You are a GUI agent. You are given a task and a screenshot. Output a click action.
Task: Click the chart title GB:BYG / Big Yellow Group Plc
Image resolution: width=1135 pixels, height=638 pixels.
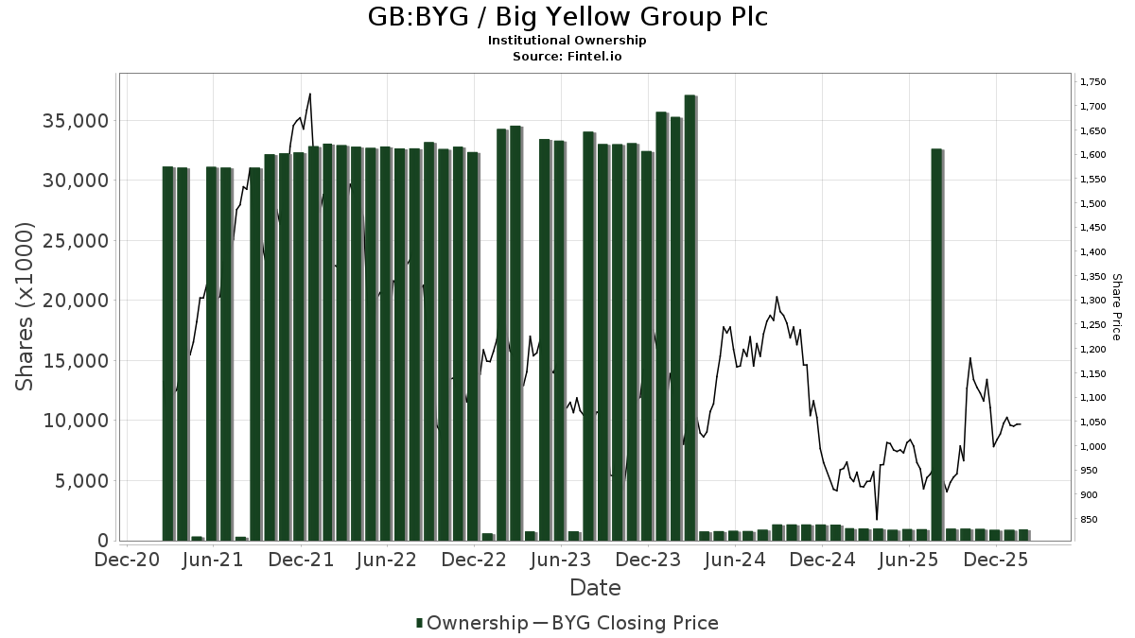[x=567, y=17]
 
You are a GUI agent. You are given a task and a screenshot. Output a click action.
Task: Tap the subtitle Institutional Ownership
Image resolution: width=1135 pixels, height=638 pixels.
[x=567, y=41]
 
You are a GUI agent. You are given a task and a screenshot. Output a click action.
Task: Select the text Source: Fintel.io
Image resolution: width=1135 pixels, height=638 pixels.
[x=567, y=56]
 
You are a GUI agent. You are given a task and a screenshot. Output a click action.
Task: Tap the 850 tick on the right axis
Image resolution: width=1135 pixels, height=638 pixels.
[x=1089, y=520]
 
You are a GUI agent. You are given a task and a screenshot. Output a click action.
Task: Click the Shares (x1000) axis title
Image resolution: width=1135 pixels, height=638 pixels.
[x=26, y=306]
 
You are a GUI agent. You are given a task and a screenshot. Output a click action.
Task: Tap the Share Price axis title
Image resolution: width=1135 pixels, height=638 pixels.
[x=1116, y=306]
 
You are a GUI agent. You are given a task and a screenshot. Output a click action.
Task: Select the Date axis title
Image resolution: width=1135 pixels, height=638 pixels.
[x=595, y=588]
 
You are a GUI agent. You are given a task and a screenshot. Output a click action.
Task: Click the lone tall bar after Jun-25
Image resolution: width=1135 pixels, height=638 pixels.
[x=936, y=345]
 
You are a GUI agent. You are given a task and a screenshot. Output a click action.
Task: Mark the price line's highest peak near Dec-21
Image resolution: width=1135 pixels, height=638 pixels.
[x=310, y=94]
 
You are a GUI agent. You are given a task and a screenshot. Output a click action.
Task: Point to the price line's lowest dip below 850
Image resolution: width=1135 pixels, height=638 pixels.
[x=877, y=519]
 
